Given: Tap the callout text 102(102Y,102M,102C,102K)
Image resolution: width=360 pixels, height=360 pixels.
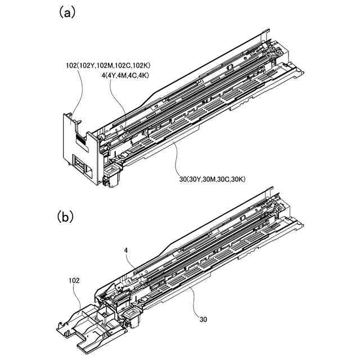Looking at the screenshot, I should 107,65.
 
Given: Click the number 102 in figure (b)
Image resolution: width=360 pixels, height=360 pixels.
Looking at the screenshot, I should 74,280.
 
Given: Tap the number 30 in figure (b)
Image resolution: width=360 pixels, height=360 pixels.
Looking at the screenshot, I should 202,318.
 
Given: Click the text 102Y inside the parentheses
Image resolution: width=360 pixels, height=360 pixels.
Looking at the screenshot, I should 88,65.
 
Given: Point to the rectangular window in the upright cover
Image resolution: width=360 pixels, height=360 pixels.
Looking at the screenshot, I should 82,168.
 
